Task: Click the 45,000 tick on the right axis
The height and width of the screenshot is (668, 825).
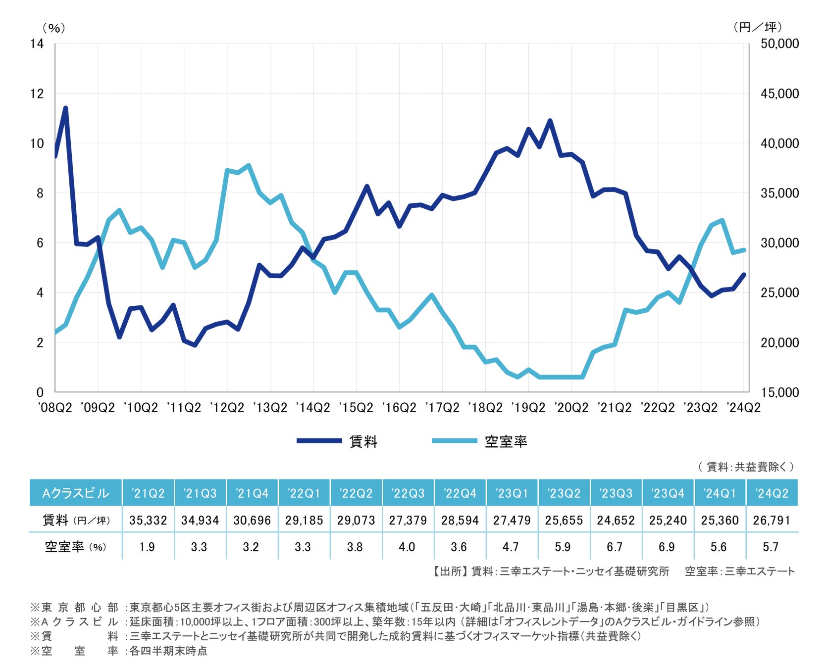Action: [779, 94]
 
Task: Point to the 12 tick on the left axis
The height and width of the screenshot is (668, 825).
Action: [37, 94]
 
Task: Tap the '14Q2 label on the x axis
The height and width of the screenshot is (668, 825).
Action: [313, 408]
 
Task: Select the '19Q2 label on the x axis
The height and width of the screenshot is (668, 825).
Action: [528, 408]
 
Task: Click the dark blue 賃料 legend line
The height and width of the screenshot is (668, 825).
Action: [319, 440]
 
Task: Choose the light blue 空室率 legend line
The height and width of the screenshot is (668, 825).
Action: [454, 440]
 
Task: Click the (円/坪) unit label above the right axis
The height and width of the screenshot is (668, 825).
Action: [757, 27]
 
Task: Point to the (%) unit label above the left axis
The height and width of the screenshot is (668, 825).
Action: [53, 28]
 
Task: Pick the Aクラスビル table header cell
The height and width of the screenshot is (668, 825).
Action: [76, 493]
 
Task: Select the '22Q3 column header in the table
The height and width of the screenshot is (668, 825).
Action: [408, 493]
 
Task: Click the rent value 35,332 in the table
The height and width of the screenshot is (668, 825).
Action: [148, 520]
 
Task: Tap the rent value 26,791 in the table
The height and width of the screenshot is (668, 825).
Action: [772, 520]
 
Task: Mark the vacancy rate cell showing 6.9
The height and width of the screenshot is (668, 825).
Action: [667, 547]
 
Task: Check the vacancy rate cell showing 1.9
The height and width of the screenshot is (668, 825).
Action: [147, 547]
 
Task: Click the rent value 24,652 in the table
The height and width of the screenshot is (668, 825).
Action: [616, 520]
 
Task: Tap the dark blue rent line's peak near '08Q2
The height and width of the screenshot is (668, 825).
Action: [65, 108]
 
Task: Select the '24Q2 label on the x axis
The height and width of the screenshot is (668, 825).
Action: [743, 408]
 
